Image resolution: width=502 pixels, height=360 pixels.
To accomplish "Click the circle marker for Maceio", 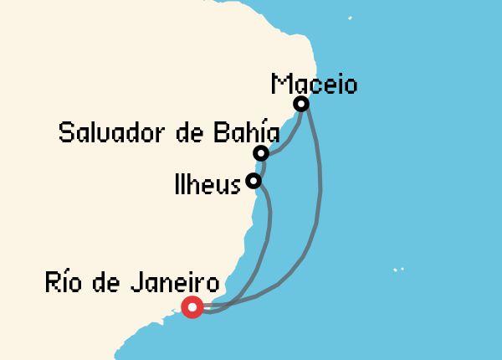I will pyautogui.click(x=301, y=104).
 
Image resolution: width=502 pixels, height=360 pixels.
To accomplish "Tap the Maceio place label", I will pyautogui.click(x=315, y=85).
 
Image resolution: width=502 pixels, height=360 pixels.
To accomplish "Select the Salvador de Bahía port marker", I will pyautogui.click(x=261, y=152).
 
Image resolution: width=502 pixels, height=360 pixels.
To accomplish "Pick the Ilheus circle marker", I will pyautogui.click(x=254, y=180).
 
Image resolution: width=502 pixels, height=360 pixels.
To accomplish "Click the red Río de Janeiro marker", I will pyautogui.click(x=193, y=308).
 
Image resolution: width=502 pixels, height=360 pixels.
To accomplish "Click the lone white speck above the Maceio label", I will pyautogui.click(x=350, y=18).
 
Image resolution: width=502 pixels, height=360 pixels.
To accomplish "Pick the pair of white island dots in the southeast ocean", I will pyautogui.click(x=399, y=270).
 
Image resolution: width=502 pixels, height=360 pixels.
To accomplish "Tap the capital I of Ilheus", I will pyautogui.click(x=178, y=183).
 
